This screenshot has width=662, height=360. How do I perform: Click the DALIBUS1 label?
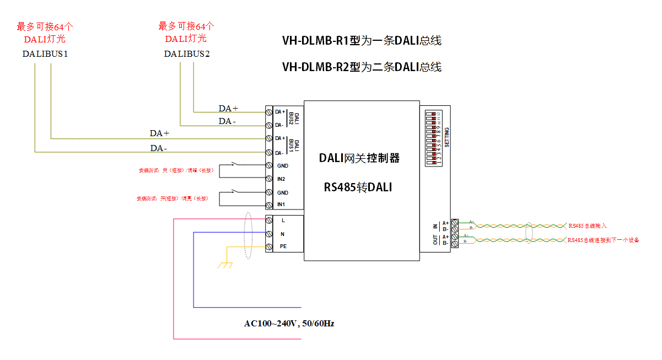[x=45, y=53]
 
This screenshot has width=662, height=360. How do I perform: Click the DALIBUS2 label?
[x=186, y=53]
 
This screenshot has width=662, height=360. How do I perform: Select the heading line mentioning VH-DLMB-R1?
[x=362, y=41]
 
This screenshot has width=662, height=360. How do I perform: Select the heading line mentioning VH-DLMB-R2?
[x=362, y=67]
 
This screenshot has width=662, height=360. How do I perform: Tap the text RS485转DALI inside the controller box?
[x=358, y=187]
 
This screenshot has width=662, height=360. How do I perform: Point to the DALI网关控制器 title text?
[x=359, y=158]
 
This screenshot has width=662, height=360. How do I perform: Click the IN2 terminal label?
[x=281, y=179]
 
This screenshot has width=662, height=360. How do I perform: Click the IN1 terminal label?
[x=281, y=205]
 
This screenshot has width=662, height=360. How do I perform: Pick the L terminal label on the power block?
[x=283, y=220]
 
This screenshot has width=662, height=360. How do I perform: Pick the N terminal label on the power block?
[x=283, y=234]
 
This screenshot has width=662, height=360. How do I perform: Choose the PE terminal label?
[x=283, y=246]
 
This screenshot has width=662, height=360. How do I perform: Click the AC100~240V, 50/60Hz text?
[x=289, y=324]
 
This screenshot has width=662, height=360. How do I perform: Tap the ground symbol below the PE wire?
[x=225, y=265]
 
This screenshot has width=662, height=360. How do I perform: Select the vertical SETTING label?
[x=446, y=137]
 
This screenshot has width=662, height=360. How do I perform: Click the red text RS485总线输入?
[x=588, y=226]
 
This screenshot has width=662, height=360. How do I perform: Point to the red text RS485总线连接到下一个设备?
[x=603, y=240]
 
